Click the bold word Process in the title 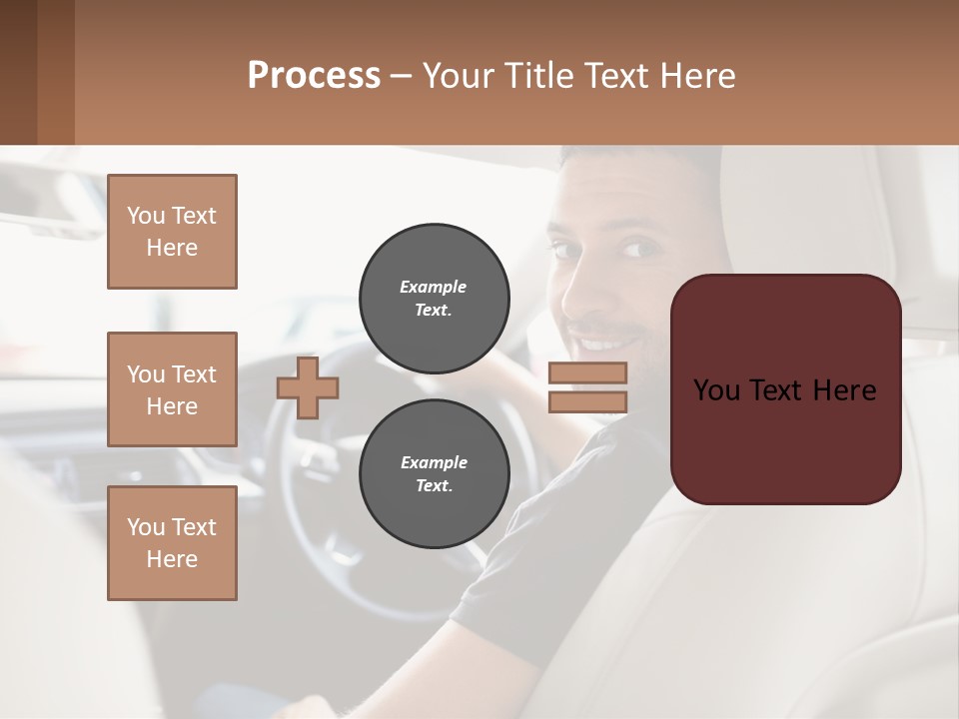click(x=314, y=76)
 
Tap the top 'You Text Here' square click(x=172, y=232)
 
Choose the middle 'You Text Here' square click(x=172, y=389)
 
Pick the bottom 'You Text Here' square click(x=172, y=543)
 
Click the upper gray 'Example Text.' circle click(x=434, y=299)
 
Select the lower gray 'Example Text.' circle click(x=434, y=474)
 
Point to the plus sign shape click(x=308, y=386)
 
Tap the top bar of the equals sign click(x=587, y=373)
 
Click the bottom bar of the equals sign click(x=587, y=401)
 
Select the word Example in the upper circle click(x=434, y=287)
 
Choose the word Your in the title click(x=459, y=76)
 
